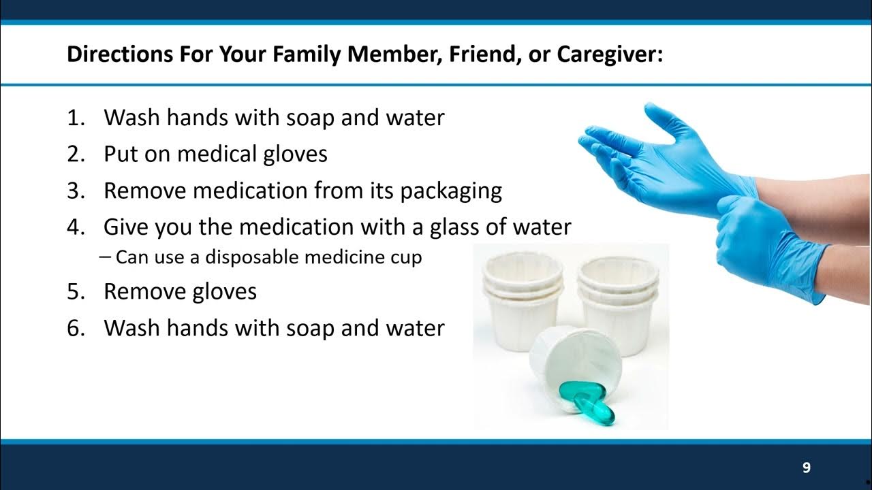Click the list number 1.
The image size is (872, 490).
point(74,118)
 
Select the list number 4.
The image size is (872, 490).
point(74,227)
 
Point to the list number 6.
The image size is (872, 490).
point(74,329)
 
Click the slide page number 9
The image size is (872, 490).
point(807,468)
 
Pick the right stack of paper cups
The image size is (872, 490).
point(619,299)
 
